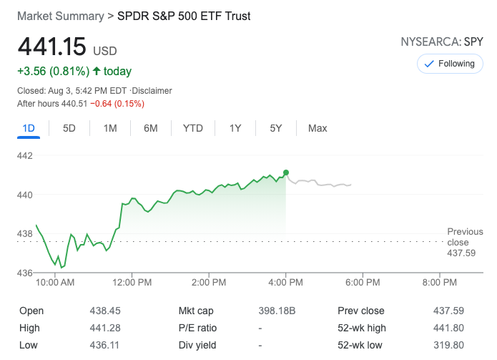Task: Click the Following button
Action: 449,64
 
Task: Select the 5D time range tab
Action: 69,128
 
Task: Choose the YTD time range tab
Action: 193,128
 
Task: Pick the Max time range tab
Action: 318,128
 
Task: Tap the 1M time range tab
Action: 110,128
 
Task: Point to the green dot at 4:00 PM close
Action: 286,172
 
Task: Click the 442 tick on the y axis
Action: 26,155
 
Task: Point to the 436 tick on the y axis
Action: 26,273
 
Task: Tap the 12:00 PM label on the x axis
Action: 132,283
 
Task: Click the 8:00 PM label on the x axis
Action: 440,283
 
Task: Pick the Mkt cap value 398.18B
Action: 277,311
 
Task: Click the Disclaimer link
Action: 152,91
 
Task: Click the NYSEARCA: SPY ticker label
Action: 442,42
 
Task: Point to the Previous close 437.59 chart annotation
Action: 464,242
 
